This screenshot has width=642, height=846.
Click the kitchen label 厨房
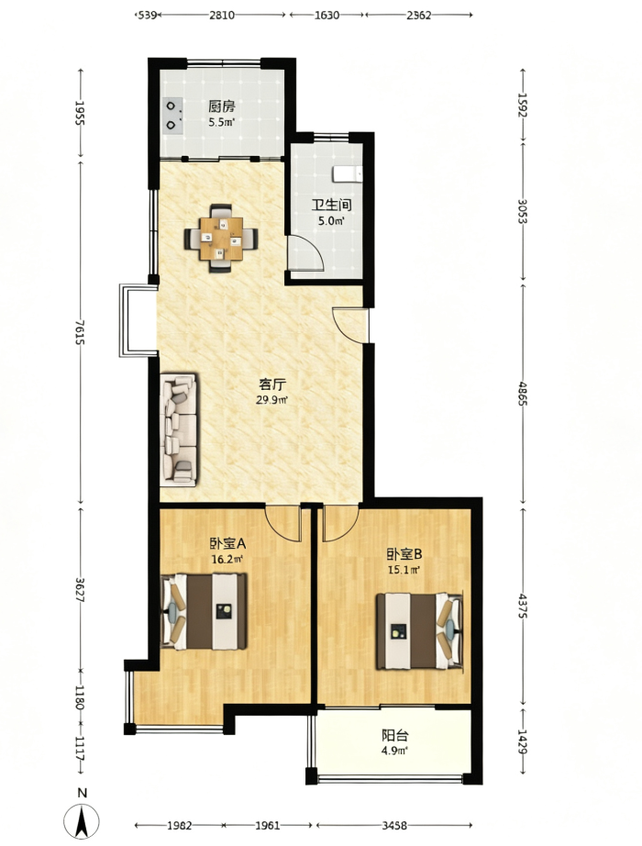[222, 106]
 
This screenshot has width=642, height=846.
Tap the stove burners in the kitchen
[172, 115]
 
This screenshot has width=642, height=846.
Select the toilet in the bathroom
[348, 173]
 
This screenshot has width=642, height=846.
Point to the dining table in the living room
[221, 238]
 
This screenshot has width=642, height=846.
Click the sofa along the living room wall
[179, 429]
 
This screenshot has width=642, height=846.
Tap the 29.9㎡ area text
[271, 400]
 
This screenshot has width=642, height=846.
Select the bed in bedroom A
[205, 611]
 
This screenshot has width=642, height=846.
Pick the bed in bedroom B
[419, 630]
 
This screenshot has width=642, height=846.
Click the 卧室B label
[404, 554]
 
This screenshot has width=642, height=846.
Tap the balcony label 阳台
[395, 735]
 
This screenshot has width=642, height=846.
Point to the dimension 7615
[80, 332]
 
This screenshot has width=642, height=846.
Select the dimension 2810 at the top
[222, 15]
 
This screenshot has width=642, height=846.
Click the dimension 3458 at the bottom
[394, 825]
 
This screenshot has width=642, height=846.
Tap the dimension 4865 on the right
[522, 394]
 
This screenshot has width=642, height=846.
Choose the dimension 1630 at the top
[327, 15]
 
